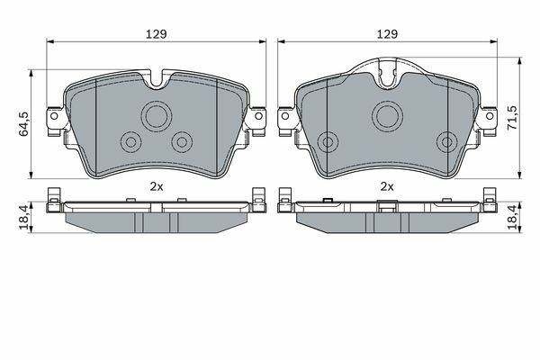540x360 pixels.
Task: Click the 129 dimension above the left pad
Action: point(157,34)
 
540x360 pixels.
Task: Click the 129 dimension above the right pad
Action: point(387,34)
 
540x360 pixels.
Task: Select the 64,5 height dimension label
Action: point(23,124)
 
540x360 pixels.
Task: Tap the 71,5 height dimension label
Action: point(513,118)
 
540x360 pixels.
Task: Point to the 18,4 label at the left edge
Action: point(23,217)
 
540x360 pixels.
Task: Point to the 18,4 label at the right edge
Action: point(513,217)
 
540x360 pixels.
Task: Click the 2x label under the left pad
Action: point(157,186)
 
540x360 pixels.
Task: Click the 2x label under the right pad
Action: point(387,186)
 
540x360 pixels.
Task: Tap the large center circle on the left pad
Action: point(157,116)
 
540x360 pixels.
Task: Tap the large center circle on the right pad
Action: point(387,116)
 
